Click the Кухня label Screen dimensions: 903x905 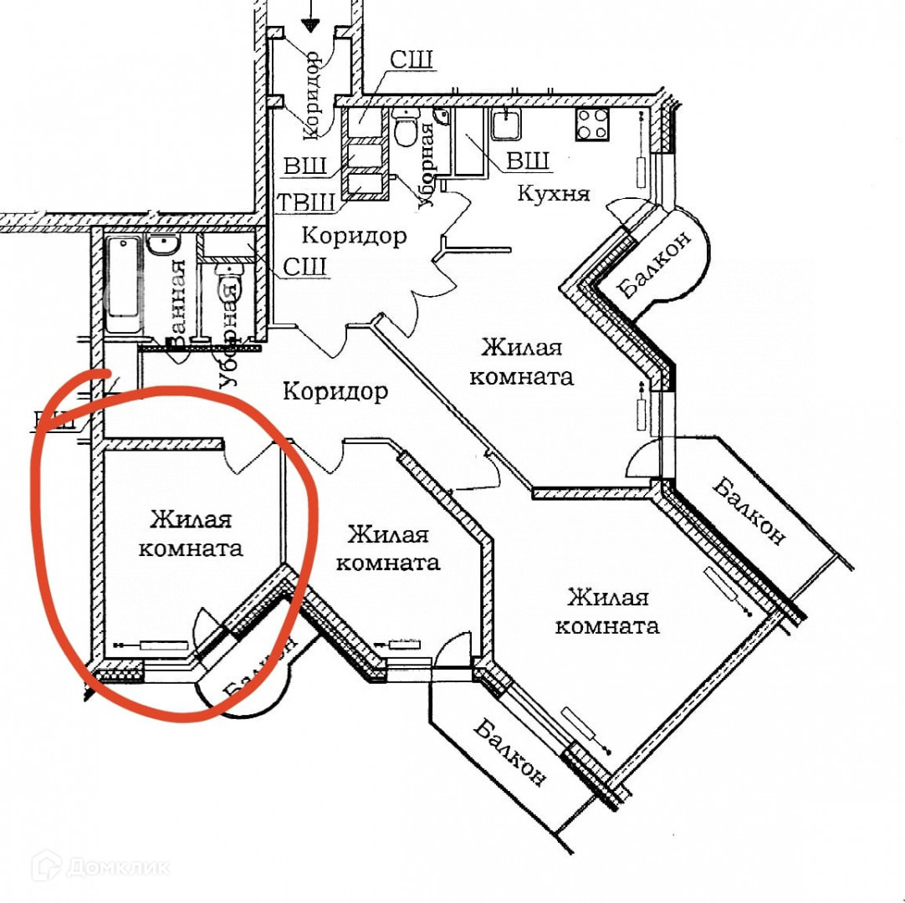(553, 193)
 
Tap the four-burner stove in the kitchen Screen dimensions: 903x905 (592, 125)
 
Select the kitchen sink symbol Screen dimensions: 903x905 (507, 125)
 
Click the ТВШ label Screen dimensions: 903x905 (305, 202)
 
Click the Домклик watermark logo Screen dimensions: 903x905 (100, 866)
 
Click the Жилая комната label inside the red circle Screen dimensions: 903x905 (191, 533)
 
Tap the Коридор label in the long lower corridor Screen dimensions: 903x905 (335, 390)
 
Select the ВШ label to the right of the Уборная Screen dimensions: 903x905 (529, 161)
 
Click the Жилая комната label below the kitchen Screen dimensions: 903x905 (521, 360)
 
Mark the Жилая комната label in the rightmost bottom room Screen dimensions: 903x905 (607, 611)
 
